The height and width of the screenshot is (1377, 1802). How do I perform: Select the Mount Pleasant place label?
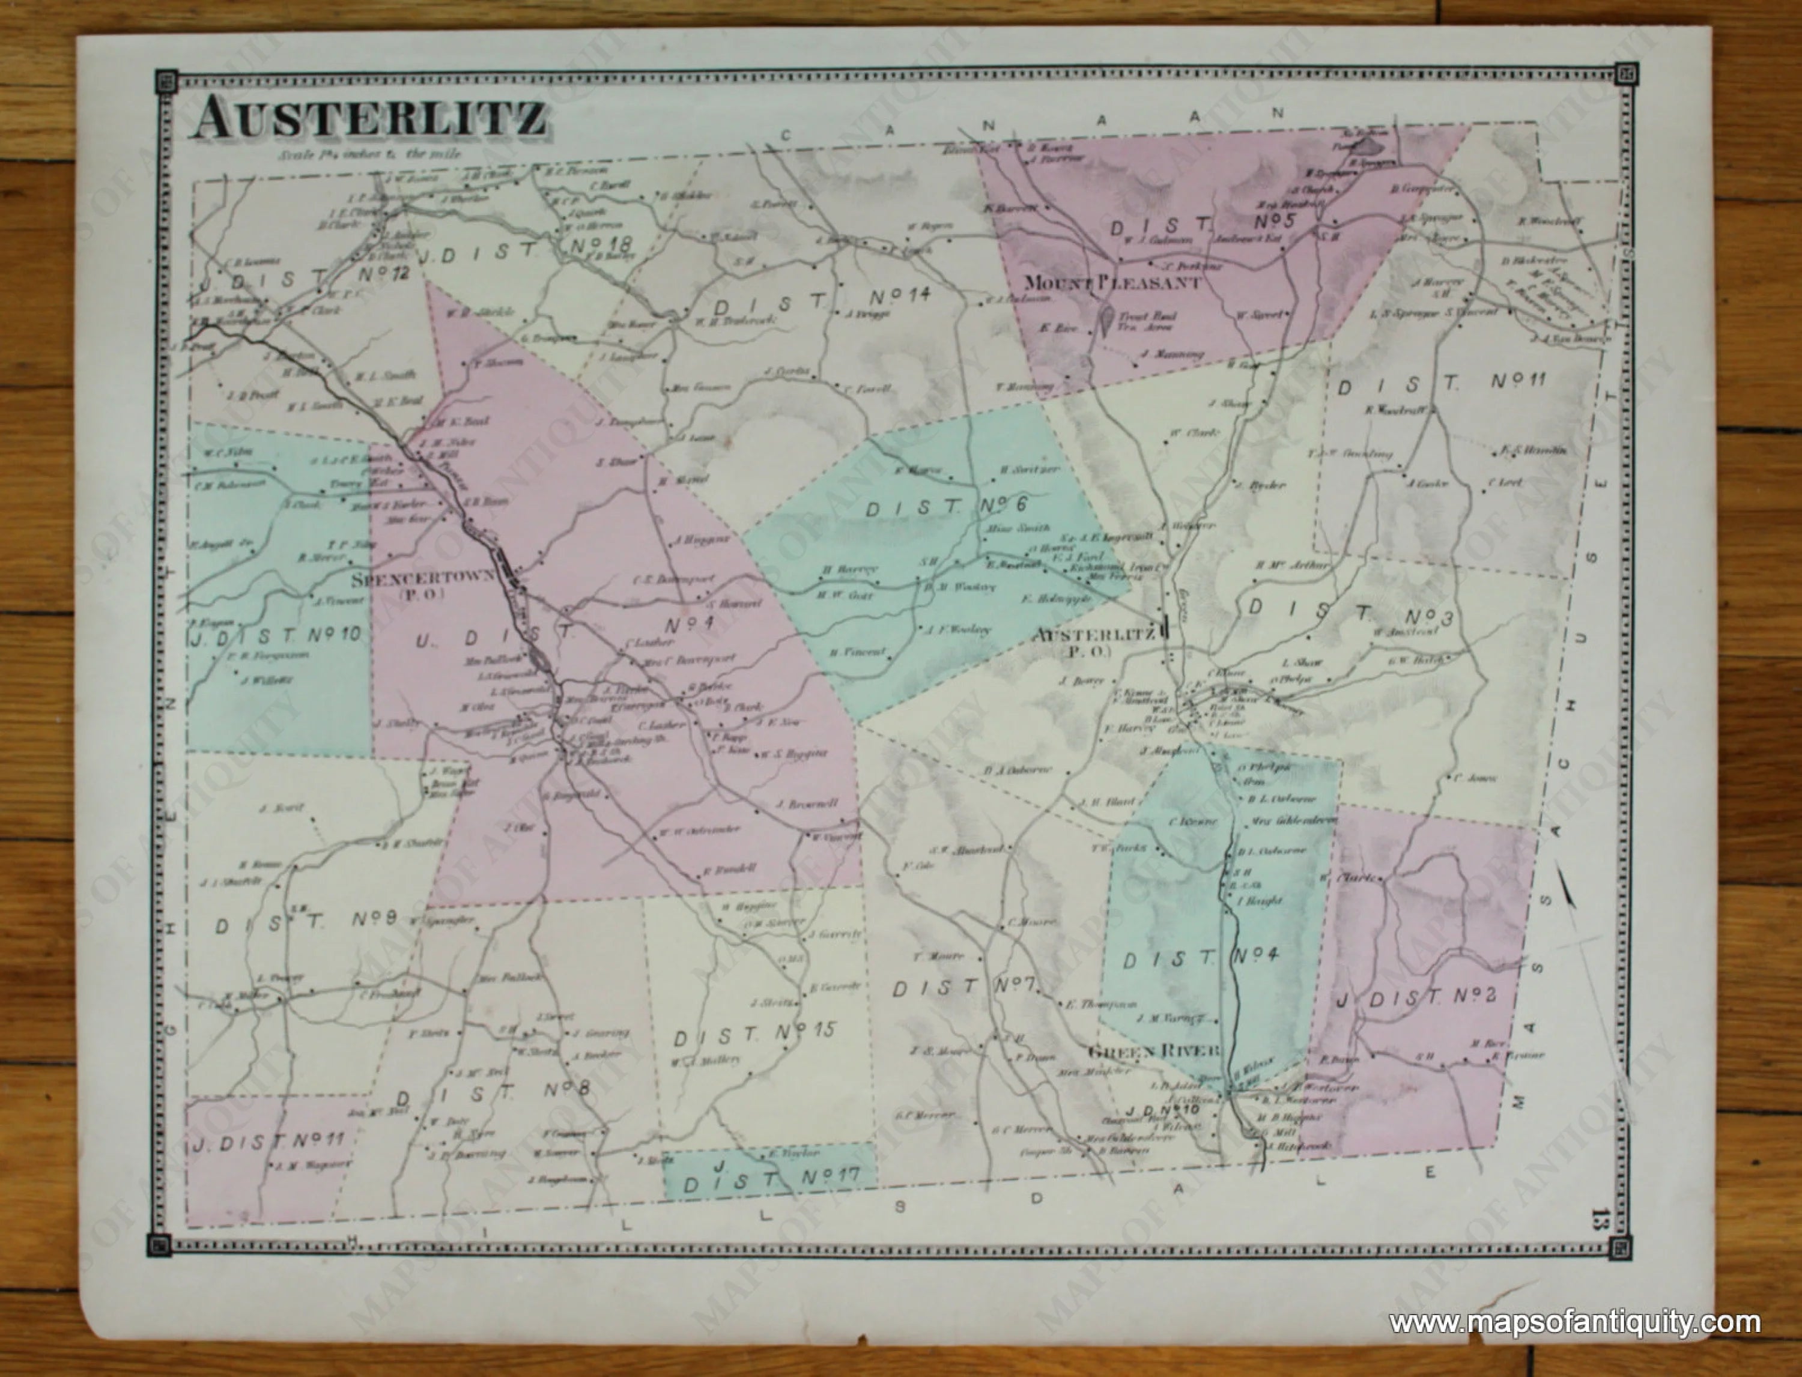coord(1112,283)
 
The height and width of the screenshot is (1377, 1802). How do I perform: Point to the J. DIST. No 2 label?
coord(1417,997)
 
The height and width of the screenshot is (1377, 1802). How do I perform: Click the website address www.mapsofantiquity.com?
coord(1574,1322)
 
